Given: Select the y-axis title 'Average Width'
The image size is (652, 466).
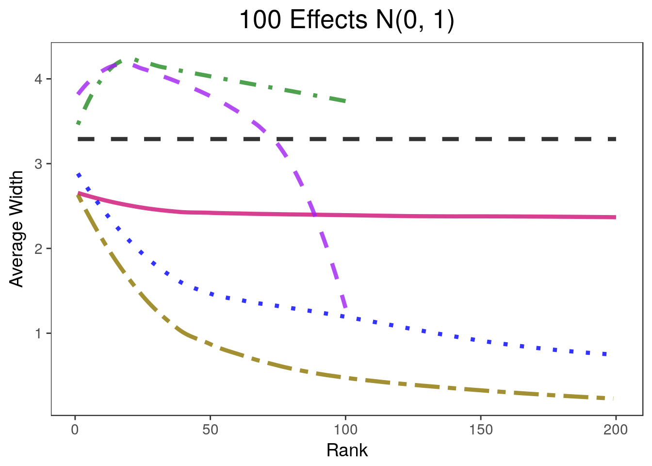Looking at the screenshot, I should pos(16,229).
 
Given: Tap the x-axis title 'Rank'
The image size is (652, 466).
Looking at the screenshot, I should pos(347,450).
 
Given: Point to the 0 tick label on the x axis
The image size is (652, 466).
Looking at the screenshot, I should pos(75,430).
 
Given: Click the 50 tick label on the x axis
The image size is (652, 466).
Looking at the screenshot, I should pos(210,430).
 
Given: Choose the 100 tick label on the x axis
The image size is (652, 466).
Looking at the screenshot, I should pos(345,430).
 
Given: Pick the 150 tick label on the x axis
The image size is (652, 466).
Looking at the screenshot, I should pos(480,430).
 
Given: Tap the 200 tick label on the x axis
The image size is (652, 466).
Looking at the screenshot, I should pos(616,430).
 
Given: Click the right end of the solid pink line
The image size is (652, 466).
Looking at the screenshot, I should pos(615,217).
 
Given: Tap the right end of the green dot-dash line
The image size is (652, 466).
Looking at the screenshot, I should pos(345,101).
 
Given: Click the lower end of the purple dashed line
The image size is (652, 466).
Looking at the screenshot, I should pos(345,308).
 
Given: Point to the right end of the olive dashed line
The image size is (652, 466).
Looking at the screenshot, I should pos(614,399).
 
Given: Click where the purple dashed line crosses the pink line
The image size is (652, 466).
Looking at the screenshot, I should pos(315,215).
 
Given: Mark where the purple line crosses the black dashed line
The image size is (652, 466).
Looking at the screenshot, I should pos(272,139).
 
